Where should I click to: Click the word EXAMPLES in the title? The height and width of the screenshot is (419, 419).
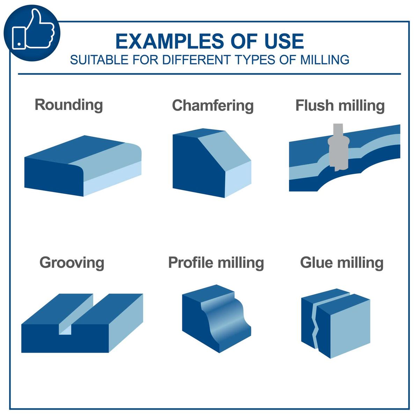[170, 41]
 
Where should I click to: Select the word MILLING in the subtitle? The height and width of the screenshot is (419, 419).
[325, 60]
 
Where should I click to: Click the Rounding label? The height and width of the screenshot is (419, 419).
[69, 105]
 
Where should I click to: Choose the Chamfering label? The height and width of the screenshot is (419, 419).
[213, 106]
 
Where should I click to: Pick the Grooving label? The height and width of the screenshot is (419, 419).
[72, 263]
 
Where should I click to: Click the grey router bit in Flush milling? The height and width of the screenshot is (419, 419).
[338, 148]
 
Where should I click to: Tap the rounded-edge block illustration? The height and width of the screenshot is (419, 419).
[83, 166]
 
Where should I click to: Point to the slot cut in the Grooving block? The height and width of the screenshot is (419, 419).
[74, 315]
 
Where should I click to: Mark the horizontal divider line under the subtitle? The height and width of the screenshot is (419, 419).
[209, 74]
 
